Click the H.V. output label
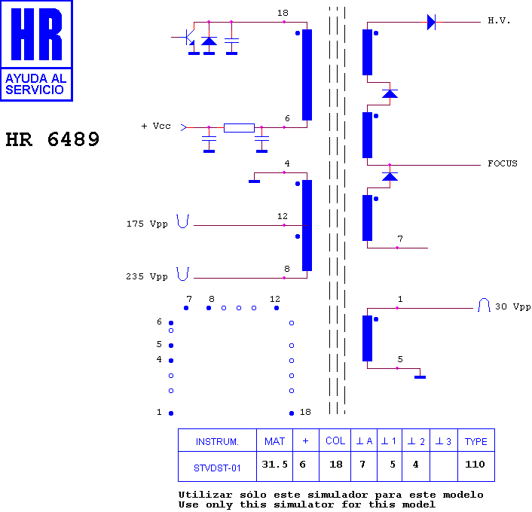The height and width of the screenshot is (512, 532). coord(499,20)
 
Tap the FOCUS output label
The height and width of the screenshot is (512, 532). coord(503,163)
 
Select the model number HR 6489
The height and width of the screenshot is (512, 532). coord(53,139)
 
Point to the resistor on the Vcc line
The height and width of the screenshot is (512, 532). coord(239,128)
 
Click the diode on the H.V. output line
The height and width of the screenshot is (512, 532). coord(431,23)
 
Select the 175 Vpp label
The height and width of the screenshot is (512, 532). coord(147,224)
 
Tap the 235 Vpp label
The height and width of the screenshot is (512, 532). coord(147,276)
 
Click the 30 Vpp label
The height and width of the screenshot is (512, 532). coord(513,307)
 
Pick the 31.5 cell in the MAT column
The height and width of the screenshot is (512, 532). coord(274,465)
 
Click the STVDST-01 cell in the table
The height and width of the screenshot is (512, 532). coord(217,468)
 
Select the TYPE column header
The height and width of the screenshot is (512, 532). coord(476,441)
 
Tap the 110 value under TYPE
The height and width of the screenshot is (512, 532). coord(475,465)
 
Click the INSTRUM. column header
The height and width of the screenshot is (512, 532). coord(217,441)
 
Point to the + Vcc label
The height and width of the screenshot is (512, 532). coord(156,126)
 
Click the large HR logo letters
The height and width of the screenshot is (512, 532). coord(37,34)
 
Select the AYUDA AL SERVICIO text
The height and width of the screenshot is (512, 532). coord(35,84)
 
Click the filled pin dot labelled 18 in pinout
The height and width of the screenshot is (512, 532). coord(292,413)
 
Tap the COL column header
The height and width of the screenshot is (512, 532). coord(335,440)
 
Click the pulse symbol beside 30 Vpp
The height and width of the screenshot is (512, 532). coord(484,305)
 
